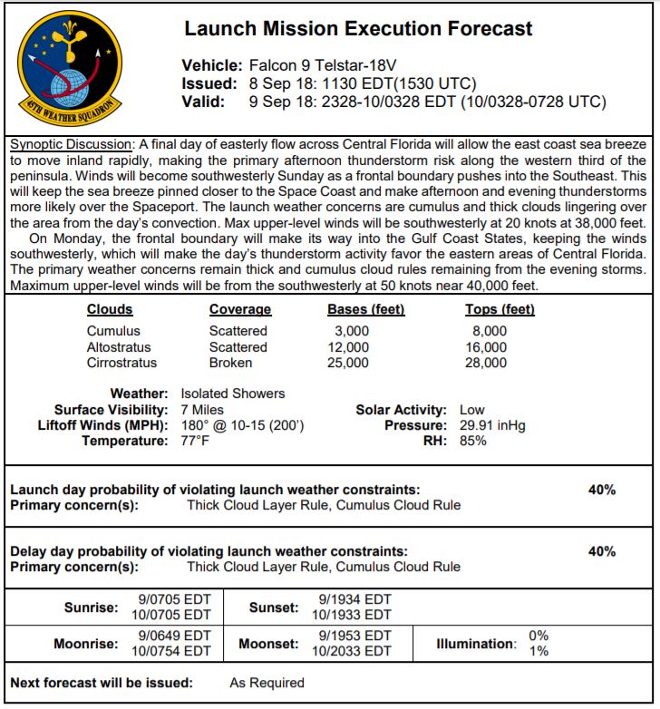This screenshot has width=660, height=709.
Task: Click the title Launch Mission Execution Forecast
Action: pos(358,28)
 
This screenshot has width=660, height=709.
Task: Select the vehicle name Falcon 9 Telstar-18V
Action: pos(320,65)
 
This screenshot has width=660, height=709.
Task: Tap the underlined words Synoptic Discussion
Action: pos(70,145)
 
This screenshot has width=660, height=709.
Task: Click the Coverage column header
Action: pos(239,309)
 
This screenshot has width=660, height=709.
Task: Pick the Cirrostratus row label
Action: pos(121,363)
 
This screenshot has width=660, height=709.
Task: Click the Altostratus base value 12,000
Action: pos(347,347)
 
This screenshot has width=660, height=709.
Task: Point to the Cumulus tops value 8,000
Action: pos(489,331)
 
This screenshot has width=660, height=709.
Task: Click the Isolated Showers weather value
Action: pos(232,393)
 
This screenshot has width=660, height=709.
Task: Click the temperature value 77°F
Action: pos(195,441)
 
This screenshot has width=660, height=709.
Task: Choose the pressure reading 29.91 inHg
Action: pos(492,425)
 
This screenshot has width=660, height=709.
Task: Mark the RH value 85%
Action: pos(473,441)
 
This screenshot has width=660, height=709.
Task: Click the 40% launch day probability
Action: pos(601,490)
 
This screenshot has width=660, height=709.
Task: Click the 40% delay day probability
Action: pos(601,551)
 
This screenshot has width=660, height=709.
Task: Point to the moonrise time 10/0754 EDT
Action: pos(171,651)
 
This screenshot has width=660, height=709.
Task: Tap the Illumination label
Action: pos(476,644)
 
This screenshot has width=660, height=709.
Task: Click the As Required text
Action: pos(267,683)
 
